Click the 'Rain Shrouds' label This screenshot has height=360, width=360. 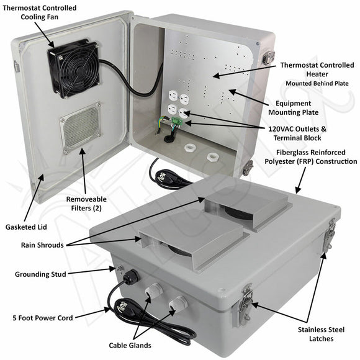tap(41, 245)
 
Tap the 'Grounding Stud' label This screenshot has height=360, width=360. tap(42, 274)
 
